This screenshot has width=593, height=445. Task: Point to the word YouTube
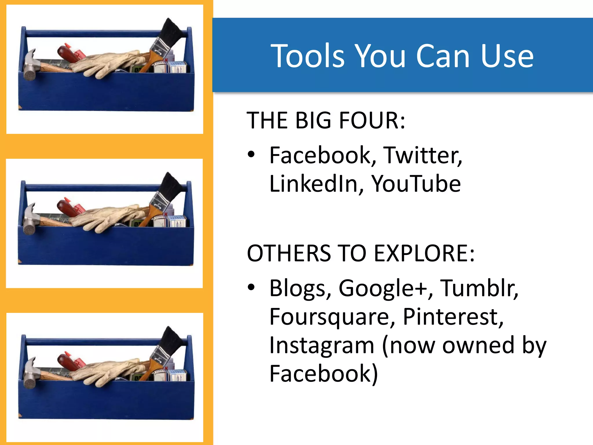[416, 184]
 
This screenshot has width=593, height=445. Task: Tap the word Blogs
[300, 289]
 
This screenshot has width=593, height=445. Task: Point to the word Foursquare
[332, 317]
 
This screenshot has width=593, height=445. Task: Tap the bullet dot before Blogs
[251, 287]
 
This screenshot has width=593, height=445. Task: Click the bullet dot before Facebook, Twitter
[251, 154]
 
